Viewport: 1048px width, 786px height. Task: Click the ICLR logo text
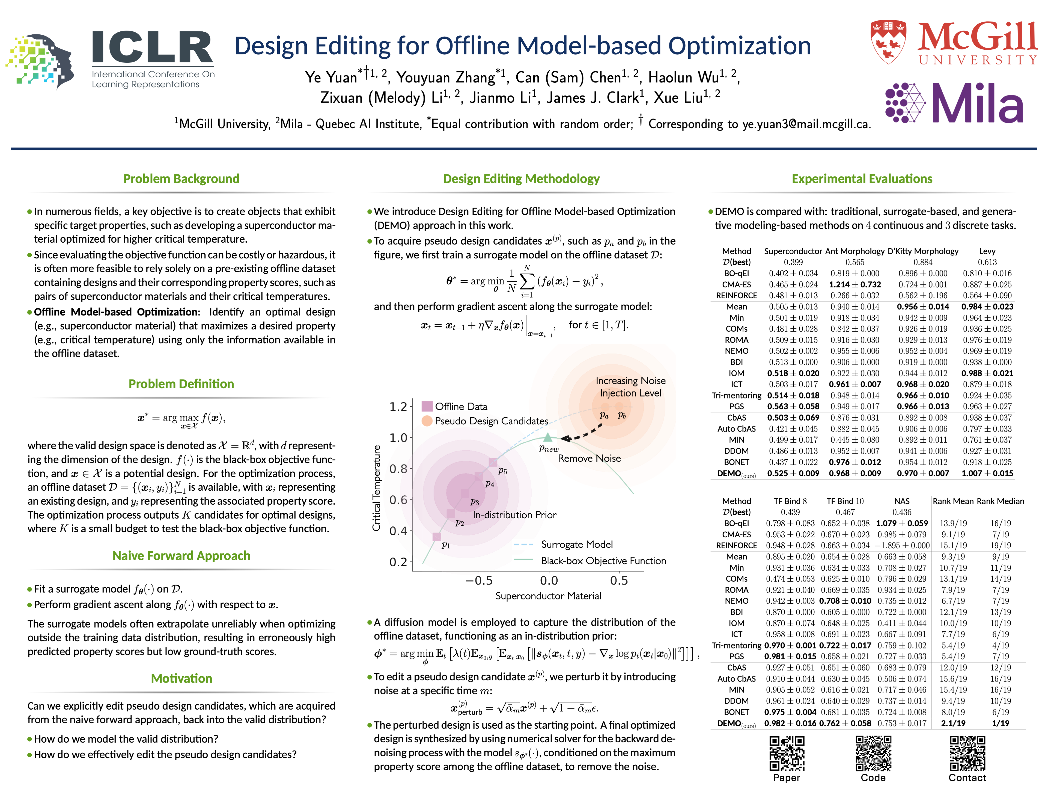click(x=153, y=47)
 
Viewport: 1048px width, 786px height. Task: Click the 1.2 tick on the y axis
click(x=398, y=406)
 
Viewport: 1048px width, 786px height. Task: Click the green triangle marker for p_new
click(x=548, y=437)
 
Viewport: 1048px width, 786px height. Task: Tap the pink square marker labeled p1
click(x=437, y=537)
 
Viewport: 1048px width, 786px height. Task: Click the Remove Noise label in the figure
click(x=589, y=458)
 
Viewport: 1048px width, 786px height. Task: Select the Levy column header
click(x=987, y=251)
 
